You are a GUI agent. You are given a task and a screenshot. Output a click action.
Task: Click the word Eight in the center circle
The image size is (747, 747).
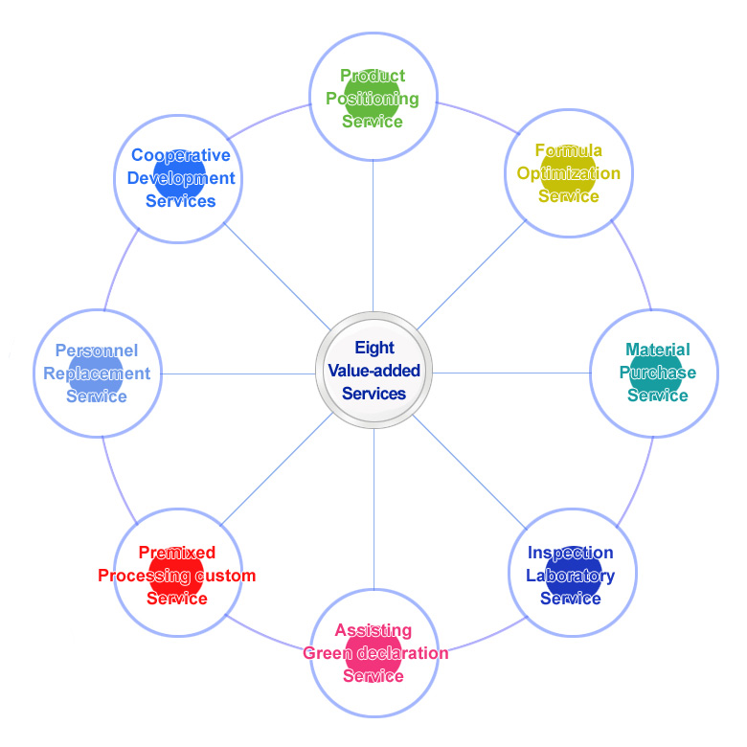point(373,349)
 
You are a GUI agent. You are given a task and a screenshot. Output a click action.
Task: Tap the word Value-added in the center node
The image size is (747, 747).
point(373,371)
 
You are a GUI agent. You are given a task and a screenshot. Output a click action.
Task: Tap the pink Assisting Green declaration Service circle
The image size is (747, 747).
point(373,653)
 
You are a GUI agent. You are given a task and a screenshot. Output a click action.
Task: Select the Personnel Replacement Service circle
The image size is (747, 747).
point(97,373)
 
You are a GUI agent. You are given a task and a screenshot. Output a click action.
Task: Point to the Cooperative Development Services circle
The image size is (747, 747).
point(179,178)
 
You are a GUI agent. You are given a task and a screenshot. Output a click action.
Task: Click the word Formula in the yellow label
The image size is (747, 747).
point(569,150)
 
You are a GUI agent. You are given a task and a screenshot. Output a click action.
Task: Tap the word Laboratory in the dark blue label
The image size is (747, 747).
point(570,576)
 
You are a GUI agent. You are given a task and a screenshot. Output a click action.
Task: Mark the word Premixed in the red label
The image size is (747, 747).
point(177,553)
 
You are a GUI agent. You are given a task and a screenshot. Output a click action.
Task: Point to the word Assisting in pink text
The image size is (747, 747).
point(373,630)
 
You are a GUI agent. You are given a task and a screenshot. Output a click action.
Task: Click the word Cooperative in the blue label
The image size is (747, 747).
point(181,155)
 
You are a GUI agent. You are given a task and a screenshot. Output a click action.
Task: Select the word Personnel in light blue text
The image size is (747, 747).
point(97,351)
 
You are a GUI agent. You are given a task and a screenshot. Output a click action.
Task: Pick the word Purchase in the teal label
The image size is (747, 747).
point(658,373)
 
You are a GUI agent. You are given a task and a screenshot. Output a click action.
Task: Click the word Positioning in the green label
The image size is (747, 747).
point(373,98)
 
